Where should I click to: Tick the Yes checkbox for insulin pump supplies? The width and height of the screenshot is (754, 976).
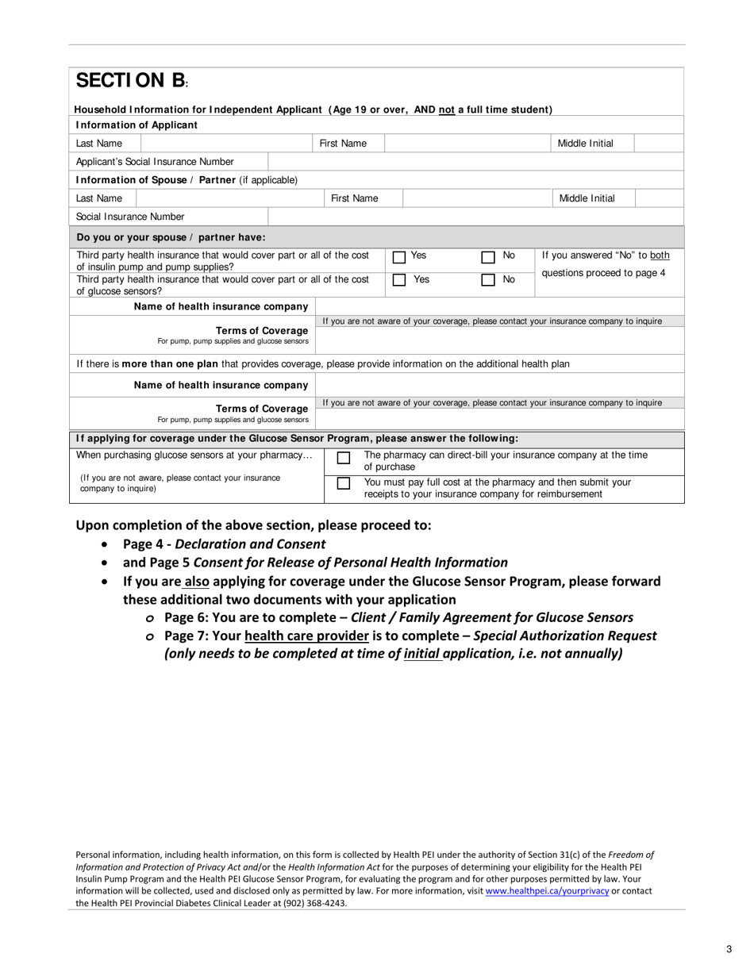(x=399, y=257)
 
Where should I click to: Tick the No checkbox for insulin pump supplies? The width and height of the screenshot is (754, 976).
(x=488, y=257)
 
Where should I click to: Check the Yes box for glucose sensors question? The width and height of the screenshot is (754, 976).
(x=399, y=280)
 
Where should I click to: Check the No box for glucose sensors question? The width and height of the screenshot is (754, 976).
(x=488, y=280)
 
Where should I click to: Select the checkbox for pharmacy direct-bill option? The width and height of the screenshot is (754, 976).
(x=343, y=459)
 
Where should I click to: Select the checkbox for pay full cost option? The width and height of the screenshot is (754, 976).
(x=343, y=483)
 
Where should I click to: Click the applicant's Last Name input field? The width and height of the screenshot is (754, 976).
(x=225, y=144)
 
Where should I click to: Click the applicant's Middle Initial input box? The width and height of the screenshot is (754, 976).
(x=658, y=144)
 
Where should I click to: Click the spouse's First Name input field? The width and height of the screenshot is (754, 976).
(x=475, y=198)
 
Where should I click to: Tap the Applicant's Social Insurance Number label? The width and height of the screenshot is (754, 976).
(x=155, y=162)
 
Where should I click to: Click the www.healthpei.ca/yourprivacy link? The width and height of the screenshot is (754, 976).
(x=547, y=891)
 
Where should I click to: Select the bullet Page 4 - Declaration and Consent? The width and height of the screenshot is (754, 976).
(x=224, y=544)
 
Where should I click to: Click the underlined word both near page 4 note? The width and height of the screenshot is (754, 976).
(x=660, y=256)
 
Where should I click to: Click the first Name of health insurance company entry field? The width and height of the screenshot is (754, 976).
(x=499, y=306)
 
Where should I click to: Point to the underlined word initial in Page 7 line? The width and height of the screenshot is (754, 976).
(x=422, y=654)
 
